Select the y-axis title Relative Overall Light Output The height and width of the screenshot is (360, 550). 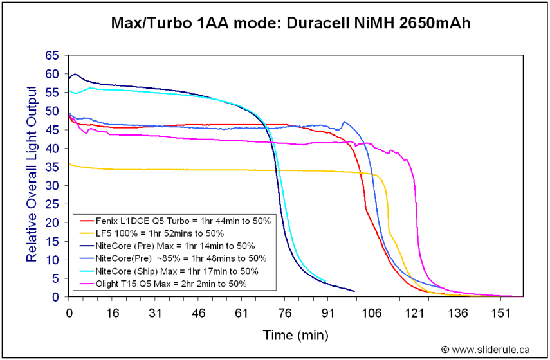point(31,177)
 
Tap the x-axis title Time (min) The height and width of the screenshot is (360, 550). point(295,335)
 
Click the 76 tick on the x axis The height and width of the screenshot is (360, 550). point(285,312)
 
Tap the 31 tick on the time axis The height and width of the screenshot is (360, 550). point(155,312)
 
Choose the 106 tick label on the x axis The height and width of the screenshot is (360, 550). point(371,312)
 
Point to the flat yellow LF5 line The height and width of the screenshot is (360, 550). point(193,170)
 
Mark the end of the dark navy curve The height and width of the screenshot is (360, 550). point(354,291)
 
